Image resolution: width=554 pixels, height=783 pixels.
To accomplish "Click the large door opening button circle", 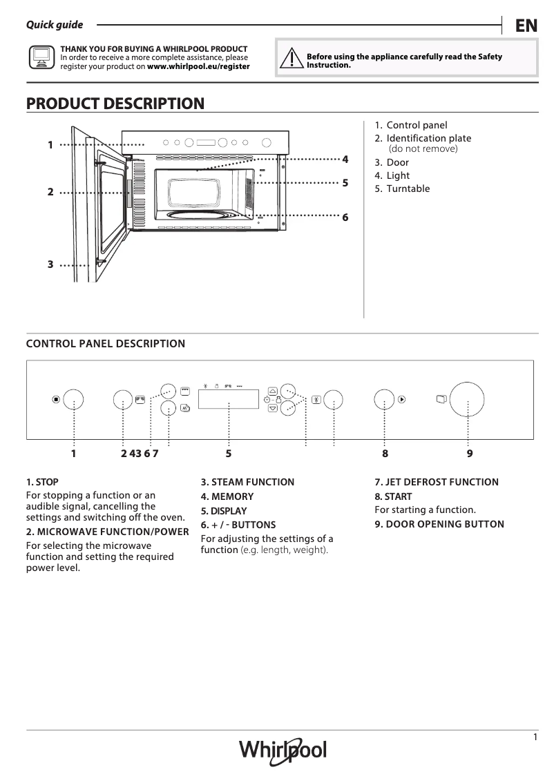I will tap(468, 399).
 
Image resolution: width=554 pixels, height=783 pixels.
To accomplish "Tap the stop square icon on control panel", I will tap(56, 399).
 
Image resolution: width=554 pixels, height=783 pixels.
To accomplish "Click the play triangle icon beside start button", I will tap(401, 398).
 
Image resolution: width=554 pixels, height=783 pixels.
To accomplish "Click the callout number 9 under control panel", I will tap(469, 454).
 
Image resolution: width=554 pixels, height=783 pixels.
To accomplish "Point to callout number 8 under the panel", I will tap(385, 454).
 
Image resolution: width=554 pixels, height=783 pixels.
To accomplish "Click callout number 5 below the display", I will tap(228, 454).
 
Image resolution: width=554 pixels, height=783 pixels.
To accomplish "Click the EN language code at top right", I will tap(526, 26).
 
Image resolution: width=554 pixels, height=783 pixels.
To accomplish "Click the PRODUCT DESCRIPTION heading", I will tap(115, 104).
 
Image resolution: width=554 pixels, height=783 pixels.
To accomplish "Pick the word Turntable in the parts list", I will tap(408, 188).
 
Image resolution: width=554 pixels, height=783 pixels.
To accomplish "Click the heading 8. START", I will tap(393, 496).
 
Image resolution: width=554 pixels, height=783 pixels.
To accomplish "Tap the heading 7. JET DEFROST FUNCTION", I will tap(436, 482).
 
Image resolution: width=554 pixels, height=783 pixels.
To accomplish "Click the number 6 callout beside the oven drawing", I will tap(345, 217).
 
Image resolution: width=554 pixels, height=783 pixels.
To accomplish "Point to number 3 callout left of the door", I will tap(50, 264).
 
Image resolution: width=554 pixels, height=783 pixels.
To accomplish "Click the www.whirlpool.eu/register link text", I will tap(198, 67).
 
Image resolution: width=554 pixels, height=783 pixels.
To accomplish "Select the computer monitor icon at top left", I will tap(41, 58).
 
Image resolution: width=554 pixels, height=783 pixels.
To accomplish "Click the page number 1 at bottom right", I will tap(535, 737).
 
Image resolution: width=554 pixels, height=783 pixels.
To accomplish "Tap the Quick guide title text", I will tap(55, 25).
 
